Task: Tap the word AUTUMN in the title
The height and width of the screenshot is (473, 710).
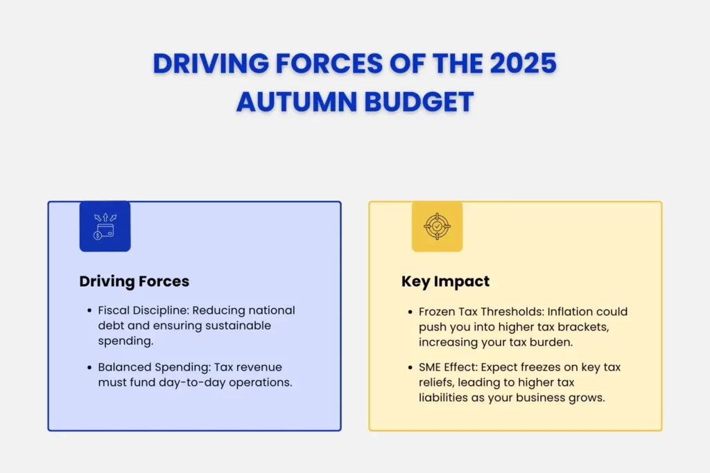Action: coord(294,102)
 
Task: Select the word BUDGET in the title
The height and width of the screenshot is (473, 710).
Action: coord(417,102)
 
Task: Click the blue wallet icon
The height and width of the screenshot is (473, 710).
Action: coord(105,226)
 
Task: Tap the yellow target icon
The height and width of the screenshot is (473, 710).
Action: coord(437,226)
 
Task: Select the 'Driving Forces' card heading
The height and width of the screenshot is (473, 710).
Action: coord(135,281)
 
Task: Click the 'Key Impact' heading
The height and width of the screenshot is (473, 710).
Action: coord(446,281)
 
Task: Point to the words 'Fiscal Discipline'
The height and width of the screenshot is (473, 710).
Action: coord(141,310)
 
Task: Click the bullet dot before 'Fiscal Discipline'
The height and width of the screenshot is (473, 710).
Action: coord(89,311)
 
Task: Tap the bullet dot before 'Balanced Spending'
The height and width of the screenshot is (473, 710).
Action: coord(89,368)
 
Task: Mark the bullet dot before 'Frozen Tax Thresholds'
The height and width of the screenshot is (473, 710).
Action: coord(410,312)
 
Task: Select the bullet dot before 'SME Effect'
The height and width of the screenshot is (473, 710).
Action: coord(410,368)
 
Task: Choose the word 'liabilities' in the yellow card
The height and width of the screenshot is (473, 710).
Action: coord(447,398)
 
